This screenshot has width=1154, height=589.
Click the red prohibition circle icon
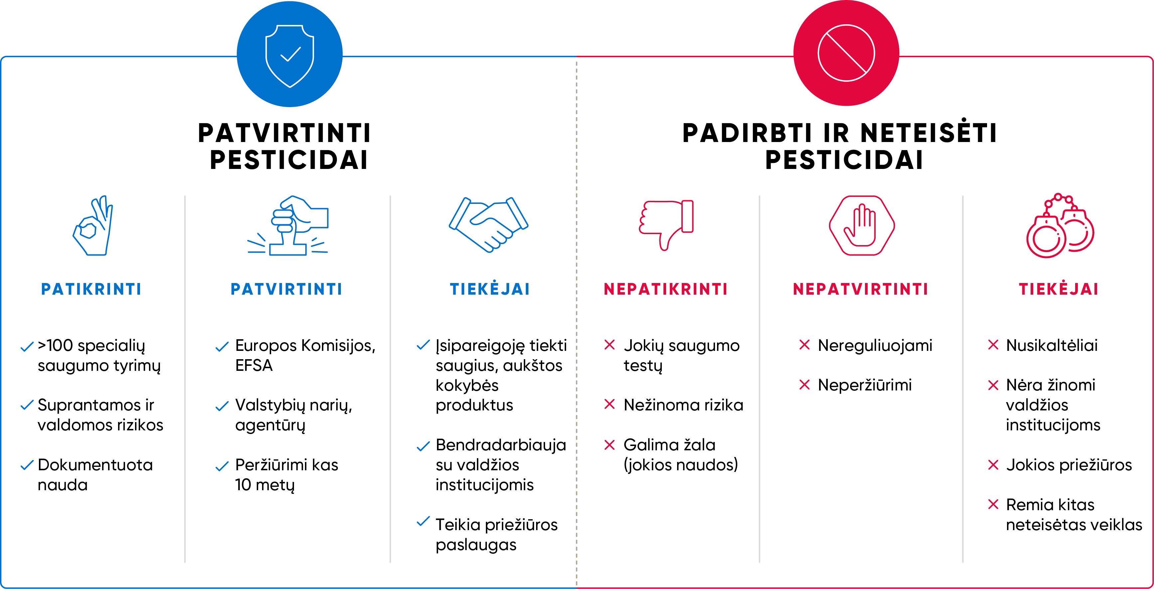[846, 53]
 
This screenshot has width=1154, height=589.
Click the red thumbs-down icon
[666, 225]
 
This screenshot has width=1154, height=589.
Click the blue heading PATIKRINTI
[91, 289]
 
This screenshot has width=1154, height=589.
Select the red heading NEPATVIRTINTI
[861, 289]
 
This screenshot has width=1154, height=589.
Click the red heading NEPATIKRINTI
[666, 289]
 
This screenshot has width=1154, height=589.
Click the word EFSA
[254, 366]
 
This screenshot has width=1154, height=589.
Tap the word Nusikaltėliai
[1052, 345]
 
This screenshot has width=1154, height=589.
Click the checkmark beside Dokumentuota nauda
[27, 465]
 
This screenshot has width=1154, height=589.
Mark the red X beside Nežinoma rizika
[610, 404]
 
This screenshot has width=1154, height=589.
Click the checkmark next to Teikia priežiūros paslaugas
[423, 521]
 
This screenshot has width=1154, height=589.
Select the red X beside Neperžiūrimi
[804, 385]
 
